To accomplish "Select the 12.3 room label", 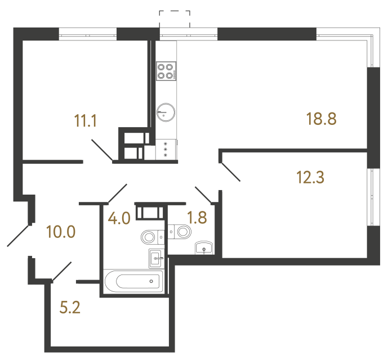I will point(311,177).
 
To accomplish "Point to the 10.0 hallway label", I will point(61,231).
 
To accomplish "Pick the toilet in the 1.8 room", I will point(180,231).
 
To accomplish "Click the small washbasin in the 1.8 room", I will point(203,248).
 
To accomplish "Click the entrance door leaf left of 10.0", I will point(18,236).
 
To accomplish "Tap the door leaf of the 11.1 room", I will point(101,151).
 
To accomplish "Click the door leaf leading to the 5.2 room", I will point(62,271).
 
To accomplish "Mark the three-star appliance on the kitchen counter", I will point(166,149).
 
